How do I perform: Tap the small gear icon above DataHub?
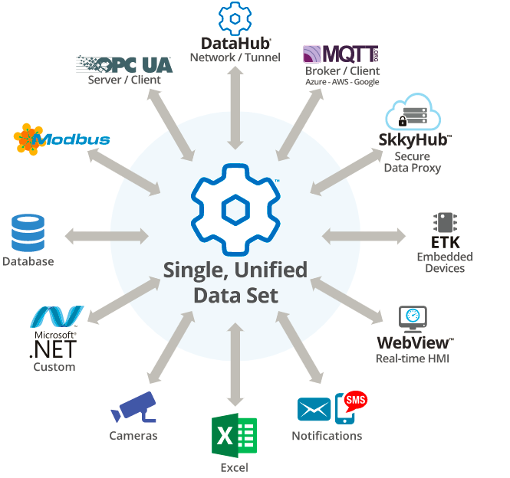click(x=235, y=18)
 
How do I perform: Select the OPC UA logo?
click(x=124, y=64)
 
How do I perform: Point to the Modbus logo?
click(x=61, y=139)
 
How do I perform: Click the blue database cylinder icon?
click(x=28, y=234)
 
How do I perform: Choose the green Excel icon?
click(x=234, y=437)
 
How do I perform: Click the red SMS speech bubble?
click(x=355, y=400)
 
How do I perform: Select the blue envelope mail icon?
click(x=314, y=409)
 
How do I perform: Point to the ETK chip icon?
click(x=445, y=223)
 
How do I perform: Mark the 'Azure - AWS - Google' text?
click(x=342, y=82)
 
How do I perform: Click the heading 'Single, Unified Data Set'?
click(x=235, y=281)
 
